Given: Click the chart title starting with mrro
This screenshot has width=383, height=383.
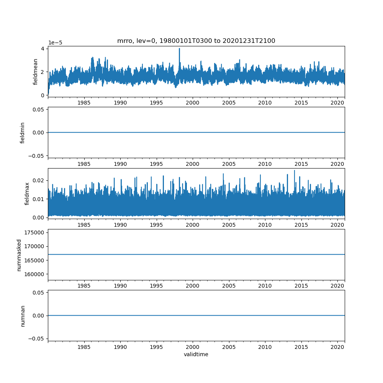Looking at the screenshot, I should pos(196,41).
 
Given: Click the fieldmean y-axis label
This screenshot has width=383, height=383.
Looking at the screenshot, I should pos(35,72).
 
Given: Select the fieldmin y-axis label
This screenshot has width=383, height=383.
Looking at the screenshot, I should pos(23,133).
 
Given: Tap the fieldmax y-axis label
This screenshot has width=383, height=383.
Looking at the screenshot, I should pos(27,193).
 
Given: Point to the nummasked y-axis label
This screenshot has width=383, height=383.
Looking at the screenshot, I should pos(19,255).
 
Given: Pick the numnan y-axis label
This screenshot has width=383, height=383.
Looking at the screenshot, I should pos(23,316).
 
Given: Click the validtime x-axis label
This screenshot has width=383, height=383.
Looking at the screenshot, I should pos(196,355).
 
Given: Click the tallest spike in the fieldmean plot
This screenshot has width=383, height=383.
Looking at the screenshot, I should pos(179,49).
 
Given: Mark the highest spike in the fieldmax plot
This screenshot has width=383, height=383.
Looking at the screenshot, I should pos(295,171).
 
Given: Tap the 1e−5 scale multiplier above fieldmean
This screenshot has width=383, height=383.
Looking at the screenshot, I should pos(55,43).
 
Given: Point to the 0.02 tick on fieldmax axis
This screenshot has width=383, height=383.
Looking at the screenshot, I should pos(39,180).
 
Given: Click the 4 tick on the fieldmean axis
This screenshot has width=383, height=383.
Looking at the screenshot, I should pos(43,49).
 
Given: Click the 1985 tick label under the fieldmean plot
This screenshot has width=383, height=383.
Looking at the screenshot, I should pos(84,103).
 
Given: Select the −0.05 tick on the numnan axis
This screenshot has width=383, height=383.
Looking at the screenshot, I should pos(37,339).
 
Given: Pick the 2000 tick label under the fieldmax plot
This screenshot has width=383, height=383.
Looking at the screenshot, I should pos(193,225).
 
